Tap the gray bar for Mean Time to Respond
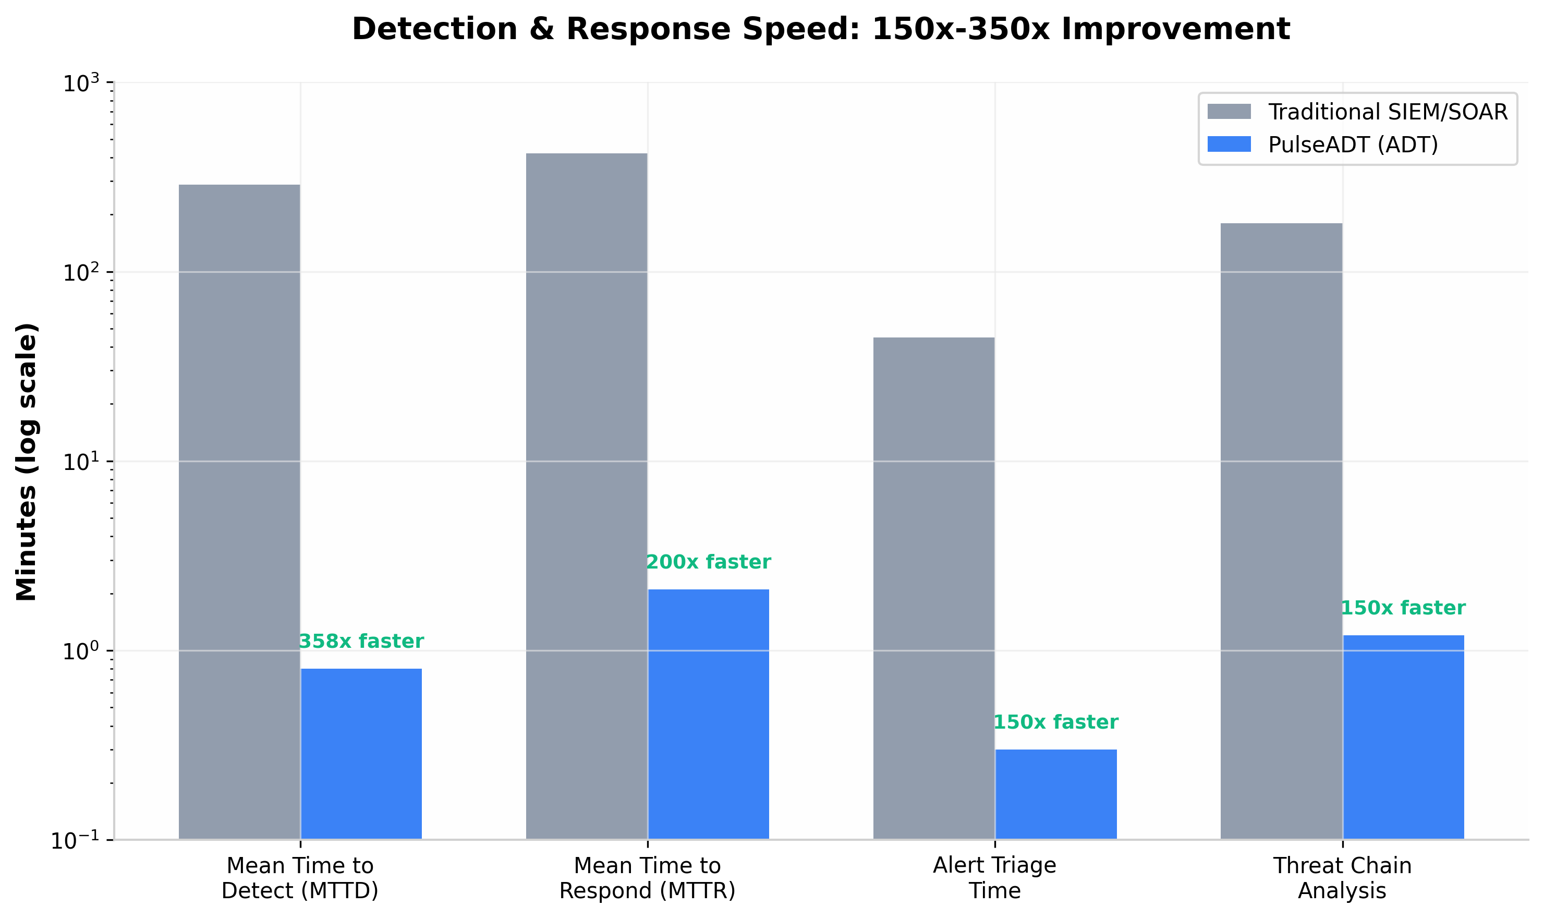tap(586, 496)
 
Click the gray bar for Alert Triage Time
tap(934, 588)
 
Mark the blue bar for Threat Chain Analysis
tap(1403, 736)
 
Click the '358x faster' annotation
tap(361, 642)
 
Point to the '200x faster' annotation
tap(708, 562)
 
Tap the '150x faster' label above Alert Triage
tap(1055, 722)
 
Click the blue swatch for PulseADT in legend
tap(1229, 144)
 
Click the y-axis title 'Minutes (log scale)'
tap(27, 462)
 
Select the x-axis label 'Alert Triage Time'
tap(994, 878)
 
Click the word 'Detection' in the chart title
tap(434, 29)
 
